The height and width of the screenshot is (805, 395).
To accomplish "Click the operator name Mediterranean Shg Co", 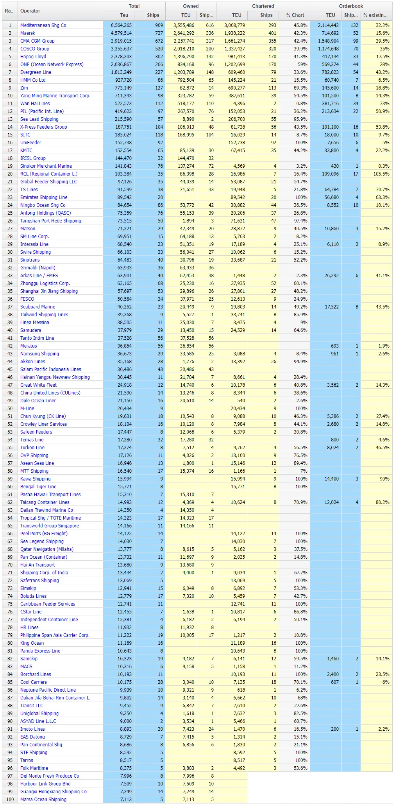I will [x=43, y=25].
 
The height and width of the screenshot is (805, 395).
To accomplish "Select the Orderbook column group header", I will [x=351, y=6].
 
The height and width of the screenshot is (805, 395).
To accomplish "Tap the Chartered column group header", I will [x=263, y=6].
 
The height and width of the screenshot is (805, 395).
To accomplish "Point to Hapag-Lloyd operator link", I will [x=33, y=57].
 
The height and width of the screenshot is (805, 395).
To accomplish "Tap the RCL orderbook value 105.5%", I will [x=381, y=174].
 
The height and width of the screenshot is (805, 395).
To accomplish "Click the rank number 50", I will [x=10, y=409].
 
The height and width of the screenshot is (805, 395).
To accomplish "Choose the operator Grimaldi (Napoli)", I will [x=38, y=268].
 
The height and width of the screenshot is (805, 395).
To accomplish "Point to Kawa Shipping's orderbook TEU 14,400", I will [x=332, y=479].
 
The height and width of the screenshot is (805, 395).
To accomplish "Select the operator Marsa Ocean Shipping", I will [x=43, y=800].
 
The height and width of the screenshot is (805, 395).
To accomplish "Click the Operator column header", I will [x=30, y=11].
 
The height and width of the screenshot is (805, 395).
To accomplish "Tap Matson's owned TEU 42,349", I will [x=185, y=229].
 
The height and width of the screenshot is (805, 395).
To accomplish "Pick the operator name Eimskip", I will [x=28, y=588].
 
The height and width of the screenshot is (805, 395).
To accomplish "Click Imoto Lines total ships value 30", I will [x=160, y=729].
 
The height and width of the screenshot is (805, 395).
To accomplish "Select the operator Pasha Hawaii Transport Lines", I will [x=50, y=495].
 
